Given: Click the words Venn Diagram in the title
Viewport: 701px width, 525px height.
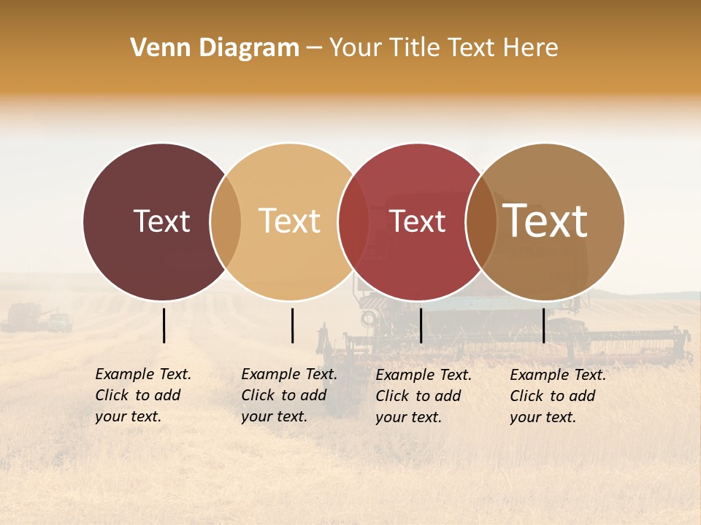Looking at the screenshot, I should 215,48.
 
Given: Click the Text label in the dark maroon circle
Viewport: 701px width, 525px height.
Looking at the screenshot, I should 161,221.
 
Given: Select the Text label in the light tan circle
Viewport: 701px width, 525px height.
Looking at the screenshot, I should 290,221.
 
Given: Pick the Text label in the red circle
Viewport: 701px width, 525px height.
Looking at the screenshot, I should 417,221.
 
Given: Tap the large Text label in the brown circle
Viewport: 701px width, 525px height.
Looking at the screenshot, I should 545,220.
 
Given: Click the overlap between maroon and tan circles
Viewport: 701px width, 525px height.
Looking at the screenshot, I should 226,222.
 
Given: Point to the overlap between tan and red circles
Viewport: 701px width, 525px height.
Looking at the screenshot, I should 354,222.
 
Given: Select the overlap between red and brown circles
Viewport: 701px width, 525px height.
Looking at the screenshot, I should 481,222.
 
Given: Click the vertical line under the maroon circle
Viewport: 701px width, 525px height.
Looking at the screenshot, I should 164,325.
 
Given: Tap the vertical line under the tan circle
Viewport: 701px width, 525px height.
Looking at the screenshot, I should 292,325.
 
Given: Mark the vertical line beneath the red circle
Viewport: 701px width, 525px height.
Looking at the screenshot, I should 421,325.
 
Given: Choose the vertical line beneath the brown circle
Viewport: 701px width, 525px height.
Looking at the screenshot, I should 543,325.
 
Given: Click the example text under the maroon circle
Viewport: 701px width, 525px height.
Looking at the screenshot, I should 142,395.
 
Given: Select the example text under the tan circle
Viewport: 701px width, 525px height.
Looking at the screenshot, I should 288,395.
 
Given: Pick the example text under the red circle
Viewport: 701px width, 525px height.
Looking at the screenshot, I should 423,396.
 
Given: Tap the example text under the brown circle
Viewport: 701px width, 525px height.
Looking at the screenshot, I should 557,396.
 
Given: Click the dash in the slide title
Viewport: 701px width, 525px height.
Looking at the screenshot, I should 314,48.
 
